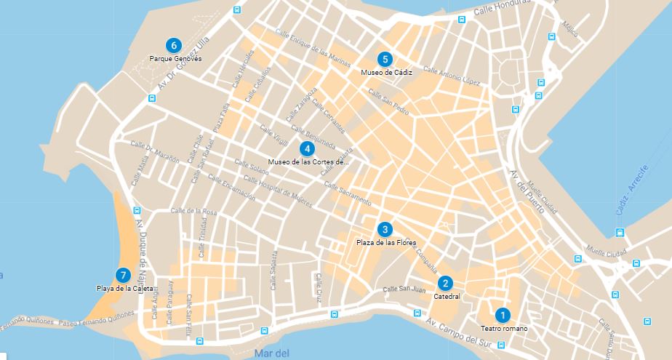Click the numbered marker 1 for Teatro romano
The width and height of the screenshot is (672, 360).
coord(501,315)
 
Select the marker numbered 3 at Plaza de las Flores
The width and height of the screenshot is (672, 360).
coord(385,228)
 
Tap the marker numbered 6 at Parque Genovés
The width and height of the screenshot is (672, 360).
coord(172,44)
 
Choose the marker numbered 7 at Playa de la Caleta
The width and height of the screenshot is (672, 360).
coord(123,275)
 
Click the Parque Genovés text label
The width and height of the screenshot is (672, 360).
coord(175,58)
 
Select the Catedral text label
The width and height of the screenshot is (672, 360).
coord(447,297)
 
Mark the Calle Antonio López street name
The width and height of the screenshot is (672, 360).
coord(453,76)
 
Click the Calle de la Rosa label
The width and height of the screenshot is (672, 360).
coord(193,212)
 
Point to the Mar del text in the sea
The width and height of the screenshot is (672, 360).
coord(273,354)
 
